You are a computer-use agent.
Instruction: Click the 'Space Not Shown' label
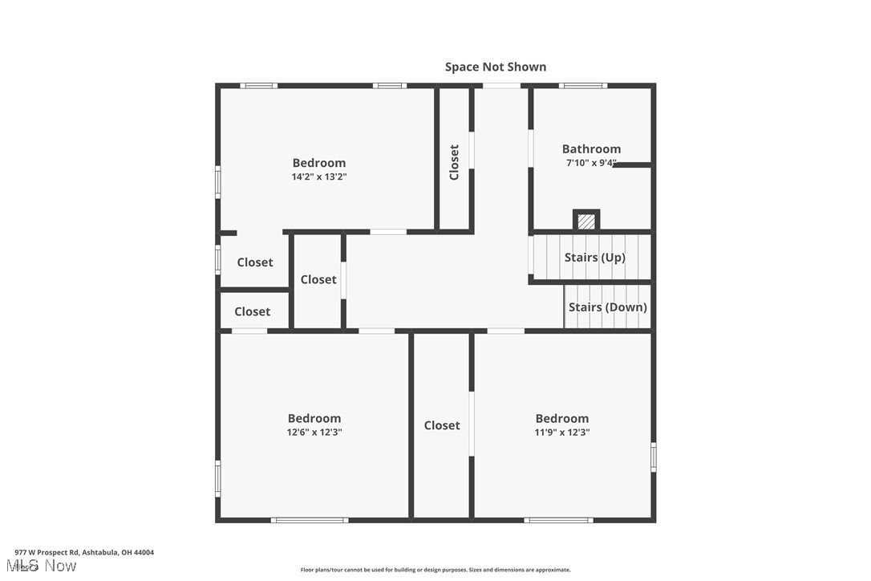pyautogui.click(x=496, y=67)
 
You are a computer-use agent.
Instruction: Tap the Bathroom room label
pyautogui.click(x=591, y=148)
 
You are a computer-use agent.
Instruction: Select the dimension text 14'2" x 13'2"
pyautogui.click(x=318, y=177)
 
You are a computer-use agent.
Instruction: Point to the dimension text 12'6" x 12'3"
pyautogui.click(x=314, y=432)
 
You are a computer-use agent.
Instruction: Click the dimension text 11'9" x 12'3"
pyautogui.click(x=561, y=432)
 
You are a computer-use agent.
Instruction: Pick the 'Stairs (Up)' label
pyautogui.click(x=594, y=257)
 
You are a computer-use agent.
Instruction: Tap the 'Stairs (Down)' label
pyautogui.click(x=607, y=307)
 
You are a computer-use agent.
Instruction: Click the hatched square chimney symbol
pyautogui.click(x=586, y=221)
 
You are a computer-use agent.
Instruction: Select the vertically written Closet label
pyautogui.click(x=454, y=161)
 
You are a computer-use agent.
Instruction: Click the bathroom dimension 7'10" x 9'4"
pyautogui.click(x=591, y=163)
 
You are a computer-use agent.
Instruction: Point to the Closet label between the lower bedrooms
pyautogui.click(x=442, y=425)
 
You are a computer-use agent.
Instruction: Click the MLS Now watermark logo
pyautogui.click(x=45, y=566)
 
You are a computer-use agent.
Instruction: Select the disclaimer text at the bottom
pyautogui.click(x=435, y=570)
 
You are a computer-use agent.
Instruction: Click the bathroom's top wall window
pyautogui.click(x=582, y=85)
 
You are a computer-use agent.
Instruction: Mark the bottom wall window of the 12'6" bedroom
pyautogui.click(x=310, y=520)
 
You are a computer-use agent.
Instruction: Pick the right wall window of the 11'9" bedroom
pyautogui.click(x=654, y=457)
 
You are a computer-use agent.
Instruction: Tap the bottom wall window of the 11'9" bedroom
pyautogui.click(x=559, y=520)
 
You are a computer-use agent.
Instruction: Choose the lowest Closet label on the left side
pyautogui.click(x=252, y=311)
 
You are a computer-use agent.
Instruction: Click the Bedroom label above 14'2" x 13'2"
pyautogui.click(x=318, y=163)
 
